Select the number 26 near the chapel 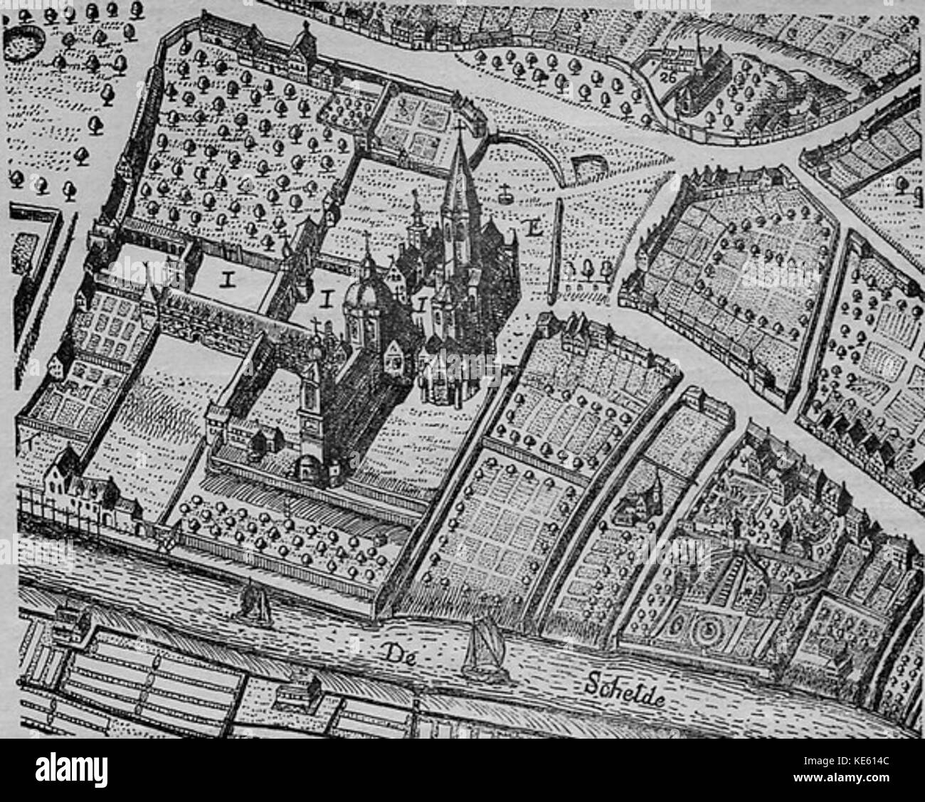[x=667, y=78]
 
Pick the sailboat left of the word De [x=255, y=603]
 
